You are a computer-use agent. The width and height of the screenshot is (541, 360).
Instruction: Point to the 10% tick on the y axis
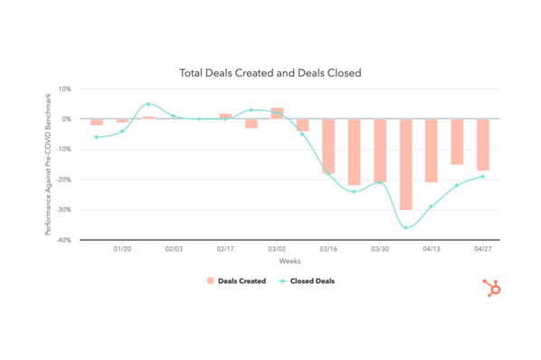point(64,89)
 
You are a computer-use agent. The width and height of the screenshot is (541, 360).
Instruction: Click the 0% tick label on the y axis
point(66,118)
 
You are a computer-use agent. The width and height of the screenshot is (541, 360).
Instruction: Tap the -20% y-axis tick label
point(64,179)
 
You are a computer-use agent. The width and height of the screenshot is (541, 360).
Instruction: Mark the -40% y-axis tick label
point(64,240)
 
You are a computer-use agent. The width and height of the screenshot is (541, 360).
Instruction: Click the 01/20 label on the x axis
point(122,248)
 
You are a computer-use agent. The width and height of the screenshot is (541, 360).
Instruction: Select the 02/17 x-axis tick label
point(225,248)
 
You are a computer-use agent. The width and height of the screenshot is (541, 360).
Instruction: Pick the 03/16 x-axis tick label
point(328,248)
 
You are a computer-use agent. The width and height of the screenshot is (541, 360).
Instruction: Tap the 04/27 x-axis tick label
point(483,248)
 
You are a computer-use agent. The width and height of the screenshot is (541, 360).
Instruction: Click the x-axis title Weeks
point(289,261)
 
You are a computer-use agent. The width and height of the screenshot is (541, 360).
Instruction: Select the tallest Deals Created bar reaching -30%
point(405,164)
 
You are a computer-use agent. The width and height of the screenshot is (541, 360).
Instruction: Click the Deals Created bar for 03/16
point(328,146)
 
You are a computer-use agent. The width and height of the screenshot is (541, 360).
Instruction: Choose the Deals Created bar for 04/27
point(483,144)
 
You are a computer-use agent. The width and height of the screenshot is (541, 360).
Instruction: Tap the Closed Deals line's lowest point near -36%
point(405,227)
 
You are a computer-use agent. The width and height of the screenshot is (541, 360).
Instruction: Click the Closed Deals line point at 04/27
point(483,176)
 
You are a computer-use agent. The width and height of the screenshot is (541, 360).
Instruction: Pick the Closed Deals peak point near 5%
point(148,104)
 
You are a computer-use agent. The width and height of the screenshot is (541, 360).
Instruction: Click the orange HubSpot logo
point(494,289)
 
